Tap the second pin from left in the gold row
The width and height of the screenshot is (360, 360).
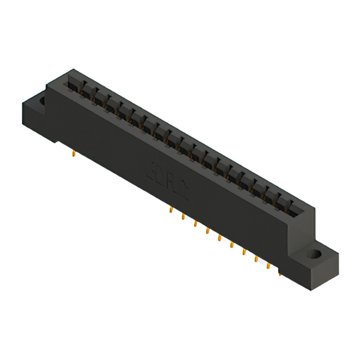[x=183, y=217]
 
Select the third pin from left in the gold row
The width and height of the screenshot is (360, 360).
[x=195, y=224]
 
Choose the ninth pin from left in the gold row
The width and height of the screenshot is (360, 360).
[x=268, y=265]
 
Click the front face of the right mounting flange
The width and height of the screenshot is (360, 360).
[x=313, y=273]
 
